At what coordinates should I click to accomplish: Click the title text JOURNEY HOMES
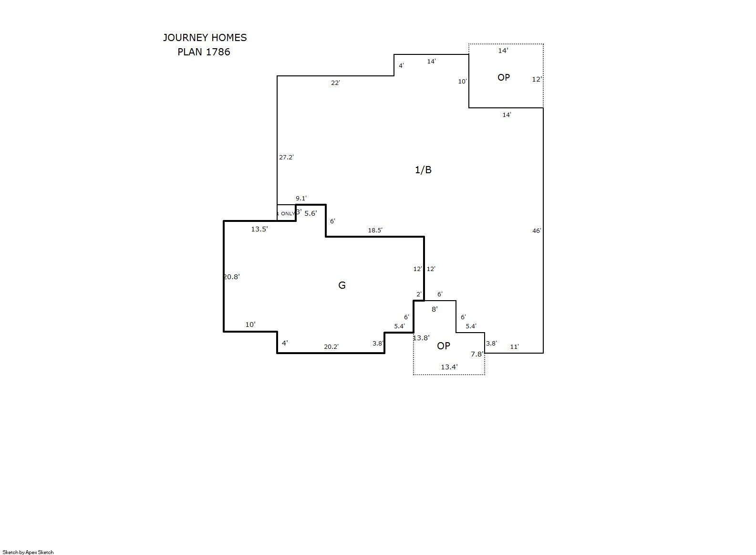(x=205, y=38)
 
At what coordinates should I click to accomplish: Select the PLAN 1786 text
(x=204, y=52)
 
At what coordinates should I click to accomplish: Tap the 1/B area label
(x=423, y=169)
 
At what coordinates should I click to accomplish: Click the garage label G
(x=342, y=285)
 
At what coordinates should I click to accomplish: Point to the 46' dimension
(x=537, y=230)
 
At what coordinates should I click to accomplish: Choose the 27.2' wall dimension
(x=286, y=157)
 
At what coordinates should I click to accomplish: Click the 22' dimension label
(x=335, y=83)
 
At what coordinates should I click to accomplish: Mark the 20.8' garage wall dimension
(x=231, y=277)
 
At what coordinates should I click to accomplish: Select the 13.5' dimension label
(x=259, y=229)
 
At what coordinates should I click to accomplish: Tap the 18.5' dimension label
(x=375, y=230)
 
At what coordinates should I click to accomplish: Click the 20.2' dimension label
(x=331, y=347)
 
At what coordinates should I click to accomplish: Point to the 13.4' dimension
(x=449, y=367)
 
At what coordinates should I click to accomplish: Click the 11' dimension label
(x=514, y=347)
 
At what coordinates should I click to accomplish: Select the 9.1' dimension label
(x=301, y=198)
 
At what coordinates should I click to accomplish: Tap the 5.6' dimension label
(x=311, y=213)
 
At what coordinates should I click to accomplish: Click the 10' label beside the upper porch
(x=462, y=81)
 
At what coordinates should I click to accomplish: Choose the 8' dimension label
(x=435, y=309)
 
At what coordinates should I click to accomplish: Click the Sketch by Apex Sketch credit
(x=28, y=552)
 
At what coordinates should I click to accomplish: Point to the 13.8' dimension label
(x=421, y=337)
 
